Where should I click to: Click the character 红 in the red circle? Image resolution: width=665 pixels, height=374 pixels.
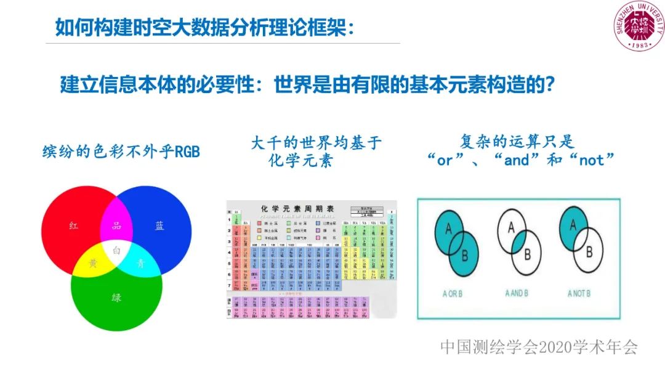pos(75,226)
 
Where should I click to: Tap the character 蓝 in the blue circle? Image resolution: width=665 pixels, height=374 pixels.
pos(159,226)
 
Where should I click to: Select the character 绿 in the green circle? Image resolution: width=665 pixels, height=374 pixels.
pos(116,298)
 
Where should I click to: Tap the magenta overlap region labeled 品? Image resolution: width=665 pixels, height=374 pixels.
pos(116,226)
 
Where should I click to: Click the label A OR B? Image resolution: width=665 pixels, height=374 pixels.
pos(452,294)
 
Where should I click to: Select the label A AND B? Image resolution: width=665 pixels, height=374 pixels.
pos(516,293)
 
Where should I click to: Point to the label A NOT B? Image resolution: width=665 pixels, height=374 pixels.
pos(579,293)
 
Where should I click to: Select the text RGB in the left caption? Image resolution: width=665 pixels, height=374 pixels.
pos(187,152)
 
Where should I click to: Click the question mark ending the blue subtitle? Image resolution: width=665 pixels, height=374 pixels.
pos(552,84)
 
